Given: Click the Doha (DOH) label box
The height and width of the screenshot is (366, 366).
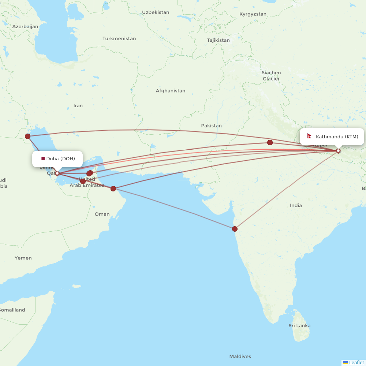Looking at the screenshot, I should (58, 158).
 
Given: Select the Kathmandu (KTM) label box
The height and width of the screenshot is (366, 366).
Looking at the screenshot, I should (332, 137).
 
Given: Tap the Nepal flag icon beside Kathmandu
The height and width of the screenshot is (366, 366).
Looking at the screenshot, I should (309, 137).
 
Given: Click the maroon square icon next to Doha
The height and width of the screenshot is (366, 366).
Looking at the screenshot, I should (43, 158).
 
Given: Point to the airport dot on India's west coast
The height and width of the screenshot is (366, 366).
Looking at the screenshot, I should (235, 229).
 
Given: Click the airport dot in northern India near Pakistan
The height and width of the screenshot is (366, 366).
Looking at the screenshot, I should (270, 142).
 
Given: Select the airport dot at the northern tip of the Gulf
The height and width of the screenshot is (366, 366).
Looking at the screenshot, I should (27, 137).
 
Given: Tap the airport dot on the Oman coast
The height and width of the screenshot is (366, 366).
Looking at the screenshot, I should (113, 188).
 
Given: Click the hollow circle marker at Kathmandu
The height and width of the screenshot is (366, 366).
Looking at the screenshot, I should (338, 150).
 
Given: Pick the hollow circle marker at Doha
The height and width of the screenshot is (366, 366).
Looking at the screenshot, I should (57, 173).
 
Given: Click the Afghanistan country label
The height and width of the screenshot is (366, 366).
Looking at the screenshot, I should (170, 91).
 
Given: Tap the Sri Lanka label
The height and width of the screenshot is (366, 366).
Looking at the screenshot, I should (299, 325).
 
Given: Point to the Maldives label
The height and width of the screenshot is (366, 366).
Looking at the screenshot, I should (240, 356).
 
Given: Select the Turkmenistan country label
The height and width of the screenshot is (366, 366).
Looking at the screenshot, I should (119, 38).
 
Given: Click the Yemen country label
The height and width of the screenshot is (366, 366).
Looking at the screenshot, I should (23, 258).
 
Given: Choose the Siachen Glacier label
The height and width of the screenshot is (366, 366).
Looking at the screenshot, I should (271, 76).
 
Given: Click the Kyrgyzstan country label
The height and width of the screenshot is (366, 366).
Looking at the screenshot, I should (253, 14).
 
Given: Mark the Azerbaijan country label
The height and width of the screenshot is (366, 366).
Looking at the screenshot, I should (25, 27).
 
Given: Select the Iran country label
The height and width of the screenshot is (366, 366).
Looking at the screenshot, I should (78, 105).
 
